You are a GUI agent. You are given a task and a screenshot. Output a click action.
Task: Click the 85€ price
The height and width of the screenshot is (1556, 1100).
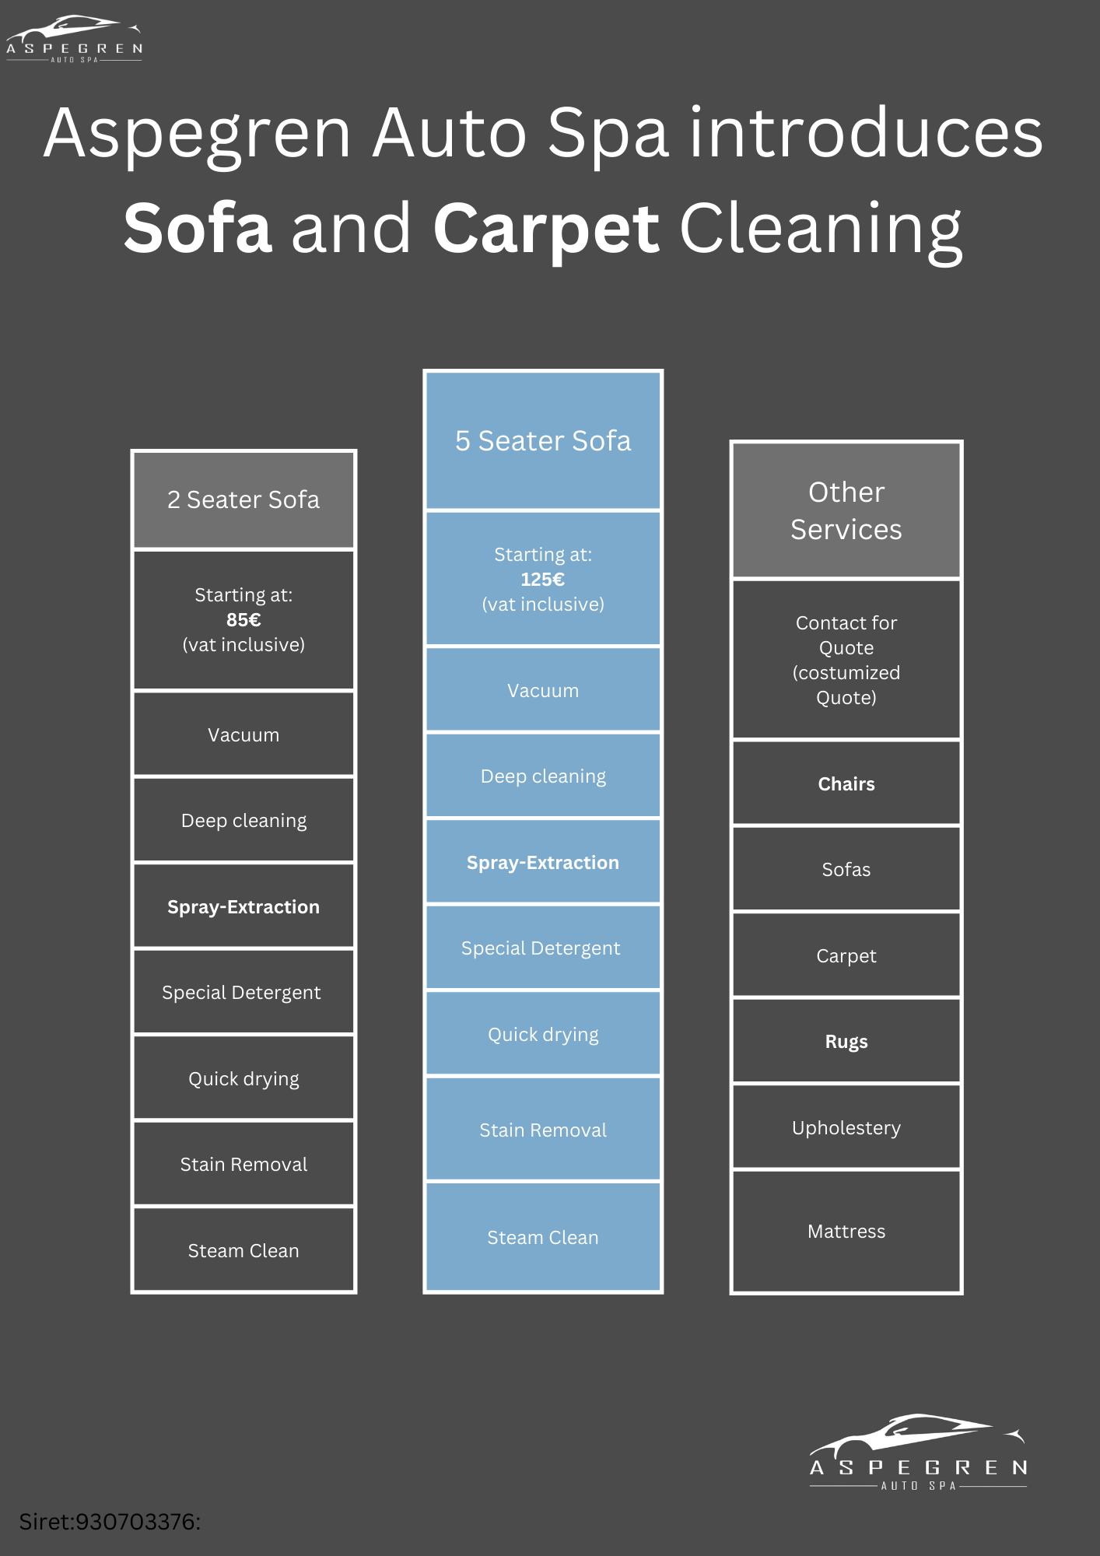point(243,620)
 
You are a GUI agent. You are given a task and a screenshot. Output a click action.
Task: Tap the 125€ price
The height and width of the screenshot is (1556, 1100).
point(543,580)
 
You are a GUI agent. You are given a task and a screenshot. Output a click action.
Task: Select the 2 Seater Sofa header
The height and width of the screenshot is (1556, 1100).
point(243,499)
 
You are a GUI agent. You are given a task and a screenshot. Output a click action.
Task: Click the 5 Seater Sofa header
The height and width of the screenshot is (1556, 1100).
point(543,441)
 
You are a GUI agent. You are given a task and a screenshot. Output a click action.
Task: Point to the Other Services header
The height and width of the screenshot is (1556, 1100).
point(846,510)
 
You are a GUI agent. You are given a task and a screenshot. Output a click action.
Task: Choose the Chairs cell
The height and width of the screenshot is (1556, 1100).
point(846,784)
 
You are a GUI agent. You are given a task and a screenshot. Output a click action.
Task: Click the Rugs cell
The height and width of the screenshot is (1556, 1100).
point(846,1042)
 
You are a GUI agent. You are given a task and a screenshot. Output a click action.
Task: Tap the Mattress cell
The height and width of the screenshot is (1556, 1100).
point(846,1232)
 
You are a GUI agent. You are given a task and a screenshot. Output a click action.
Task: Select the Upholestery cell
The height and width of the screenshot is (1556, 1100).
point(846,1128)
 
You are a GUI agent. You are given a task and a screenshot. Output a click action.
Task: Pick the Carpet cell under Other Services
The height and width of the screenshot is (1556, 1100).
point(846,956)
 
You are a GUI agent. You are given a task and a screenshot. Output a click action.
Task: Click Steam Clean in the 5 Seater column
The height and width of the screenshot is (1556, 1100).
point(543,1238)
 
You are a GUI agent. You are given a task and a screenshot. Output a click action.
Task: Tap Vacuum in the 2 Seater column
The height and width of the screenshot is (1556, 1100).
point(243,735)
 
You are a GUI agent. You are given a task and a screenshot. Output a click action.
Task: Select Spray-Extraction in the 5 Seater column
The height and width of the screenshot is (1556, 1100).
point(543,863)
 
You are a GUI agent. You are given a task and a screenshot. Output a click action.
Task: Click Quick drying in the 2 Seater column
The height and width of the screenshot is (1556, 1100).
point(243,1079)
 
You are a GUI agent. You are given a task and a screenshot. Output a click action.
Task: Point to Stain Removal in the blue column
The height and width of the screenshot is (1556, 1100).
point(543,1130)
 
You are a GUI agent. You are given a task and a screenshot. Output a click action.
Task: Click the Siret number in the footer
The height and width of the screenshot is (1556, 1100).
point(110,1522)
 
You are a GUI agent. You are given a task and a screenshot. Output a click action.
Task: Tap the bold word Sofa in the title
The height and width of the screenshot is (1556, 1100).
point(198,228)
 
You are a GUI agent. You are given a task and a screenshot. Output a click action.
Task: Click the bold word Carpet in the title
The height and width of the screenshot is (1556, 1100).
point(546,230)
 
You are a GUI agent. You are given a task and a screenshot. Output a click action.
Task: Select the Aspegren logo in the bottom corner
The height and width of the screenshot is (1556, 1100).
point(918,1453)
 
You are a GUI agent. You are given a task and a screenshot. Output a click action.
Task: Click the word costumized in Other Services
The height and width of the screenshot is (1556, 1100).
point(846,673)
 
